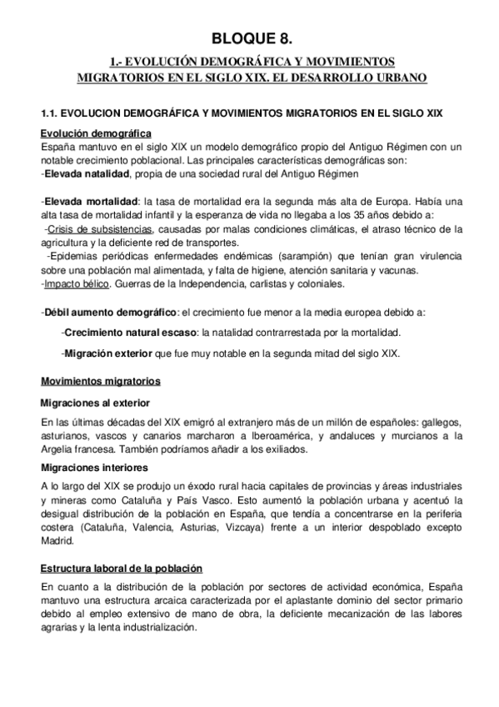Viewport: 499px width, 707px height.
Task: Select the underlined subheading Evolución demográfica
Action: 96,133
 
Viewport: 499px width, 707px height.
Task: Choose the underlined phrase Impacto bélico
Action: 77,284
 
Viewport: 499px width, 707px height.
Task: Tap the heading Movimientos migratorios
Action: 101,381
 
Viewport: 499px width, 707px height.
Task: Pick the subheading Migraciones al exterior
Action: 97,402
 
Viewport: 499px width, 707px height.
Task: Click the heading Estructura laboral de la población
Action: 122,569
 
